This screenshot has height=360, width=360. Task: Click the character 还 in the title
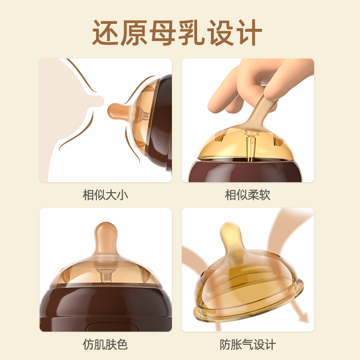pyautogui.click(x=106, y=32)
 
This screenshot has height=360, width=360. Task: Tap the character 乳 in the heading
pyautogui.click(x=192, y=32)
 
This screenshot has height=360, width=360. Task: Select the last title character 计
pyautogui.click(x=249, y=32)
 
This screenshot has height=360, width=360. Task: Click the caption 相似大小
pyautogui.click(x=105, y=195)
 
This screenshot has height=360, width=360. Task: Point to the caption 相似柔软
pyautogui.click(x=248, y=195)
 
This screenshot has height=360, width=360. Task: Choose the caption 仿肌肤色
pyautogui.click(x=105, y=344)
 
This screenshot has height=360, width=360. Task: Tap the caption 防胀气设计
pyautogui.click(x=248, y=344)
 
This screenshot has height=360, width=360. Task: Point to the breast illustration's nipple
pyautogui.click(x=99, y=101)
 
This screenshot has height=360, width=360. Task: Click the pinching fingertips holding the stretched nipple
pyautogui.click(x=270, y=94)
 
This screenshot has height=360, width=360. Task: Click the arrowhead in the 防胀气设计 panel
pyautogui.click(x=303, y=317)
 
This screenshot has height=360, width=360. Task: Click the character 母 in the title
pyautogui.click(x=163, y=32)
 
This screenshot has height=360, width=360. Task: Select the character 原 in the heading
pyautogui.click(x=135, y=32)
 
